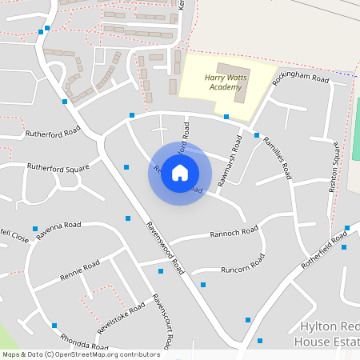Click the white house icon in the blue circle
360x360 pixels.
180,172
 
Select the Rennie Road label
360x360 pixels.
79,272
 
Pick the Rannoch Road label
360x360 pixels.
234,233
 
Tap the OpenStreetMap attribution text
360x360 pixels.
80,354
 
